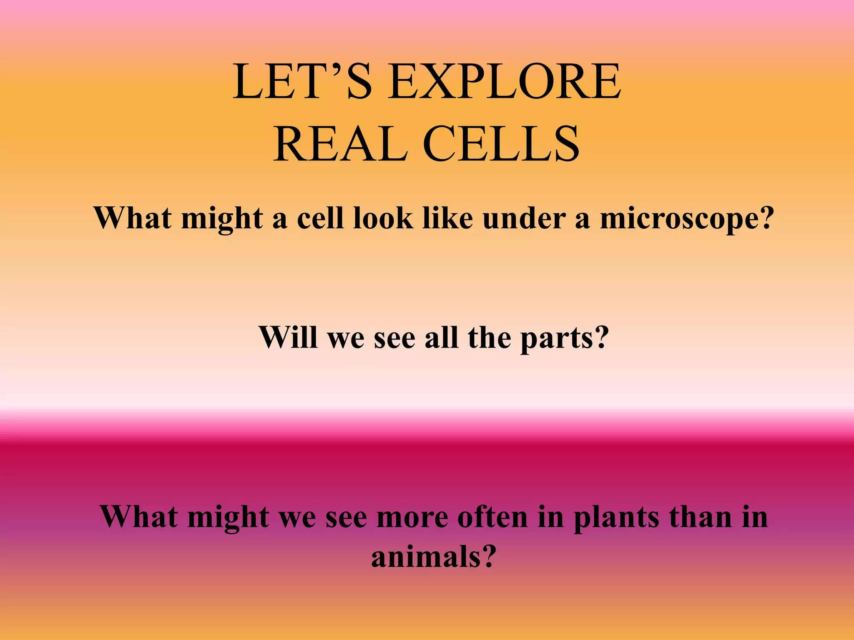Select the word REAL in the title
click(x=340, y=144)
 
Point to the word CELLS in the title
click(x=501, y=144)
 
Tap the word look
click(x=383, y=218)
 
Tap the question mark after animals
click(x=487, y=556)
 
